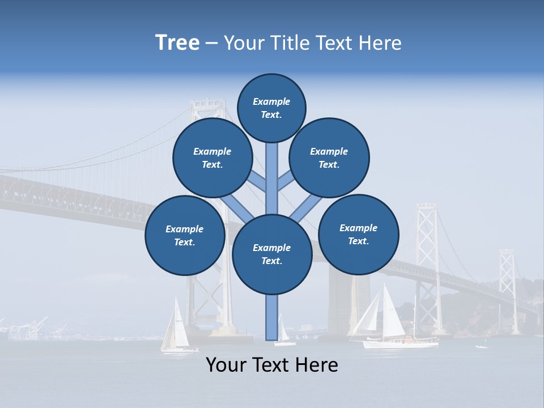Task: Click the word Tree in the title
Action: (177, 43)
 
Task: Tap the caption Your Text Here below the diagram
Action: (272, 365)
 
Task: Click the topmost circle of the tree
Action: (271, 108)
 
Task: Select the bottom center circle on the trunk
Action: (272, 254)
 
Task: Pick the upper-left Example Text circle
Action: (212, 158)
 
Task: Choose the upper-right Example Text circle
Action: (329, 158)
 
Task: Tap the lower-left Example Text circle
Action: (185, 236)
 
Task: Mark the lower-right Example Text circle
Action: (359, 234)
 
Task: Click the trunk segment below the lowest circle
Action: (272, 317)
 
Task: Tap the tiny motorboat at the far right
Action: (482, 346)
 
